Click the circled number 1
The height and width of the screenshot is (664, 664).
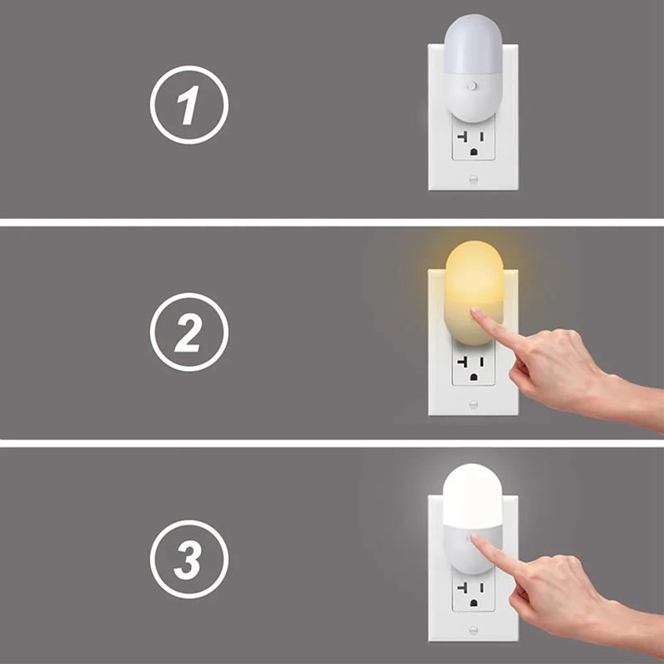click(x=189, y=106)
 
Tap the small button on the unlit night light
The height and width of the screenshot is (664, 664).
click(x=472, y=85)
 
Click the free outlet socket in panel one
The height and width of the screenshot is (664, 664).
click(x=473, y=143)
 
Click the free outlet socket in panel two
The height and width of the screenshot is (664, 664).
click(x=473, y=366)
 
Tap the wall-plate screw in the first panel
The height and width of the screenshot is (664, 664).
click(x=473, y=178)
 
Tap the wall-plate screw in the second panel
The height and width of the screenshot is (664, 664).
click(x=473, y=404)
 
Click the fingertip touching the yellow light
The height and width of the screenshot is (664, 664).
click(x=476, y=314)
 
